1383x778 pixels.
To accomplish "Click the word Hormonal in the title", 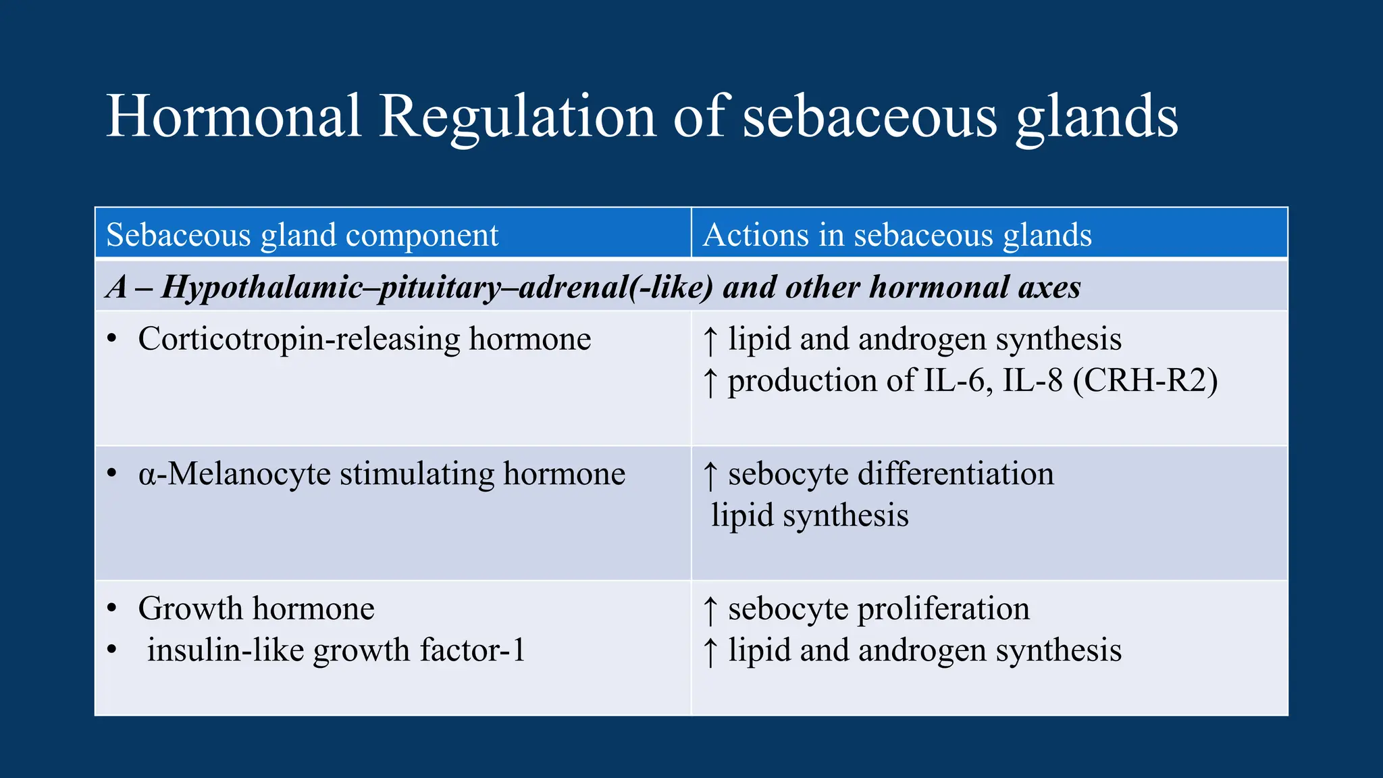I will pos(234,116).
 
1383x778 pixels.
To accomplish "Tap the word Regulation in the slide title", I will pos(517,118).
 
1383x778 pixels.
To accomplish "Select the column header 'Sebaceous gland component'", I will pos(302,235).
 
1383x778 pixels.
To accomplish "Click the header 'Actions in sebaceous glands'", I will pos(897,235).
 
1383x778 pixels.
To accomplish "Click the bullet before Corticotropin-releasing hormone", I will pos(112,338).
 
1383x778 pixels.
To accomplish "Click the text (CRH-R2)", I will pos(1145,380).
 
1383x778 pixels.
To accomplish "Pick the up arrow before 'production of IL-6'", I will pos(710,382).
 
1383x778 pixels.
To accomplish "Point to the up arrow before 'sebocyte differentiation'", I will pos(710,475).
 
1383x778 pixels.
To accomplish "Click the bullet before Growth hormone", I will pos(112,608).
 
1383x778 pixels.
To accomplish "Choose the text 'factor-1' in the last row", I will pos(472,650).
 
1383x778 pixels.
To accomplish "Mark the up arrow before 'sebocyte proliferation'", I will pos(710,611).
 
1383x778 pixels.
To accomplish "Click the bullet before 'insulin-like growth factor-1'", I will pos(112,650).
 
